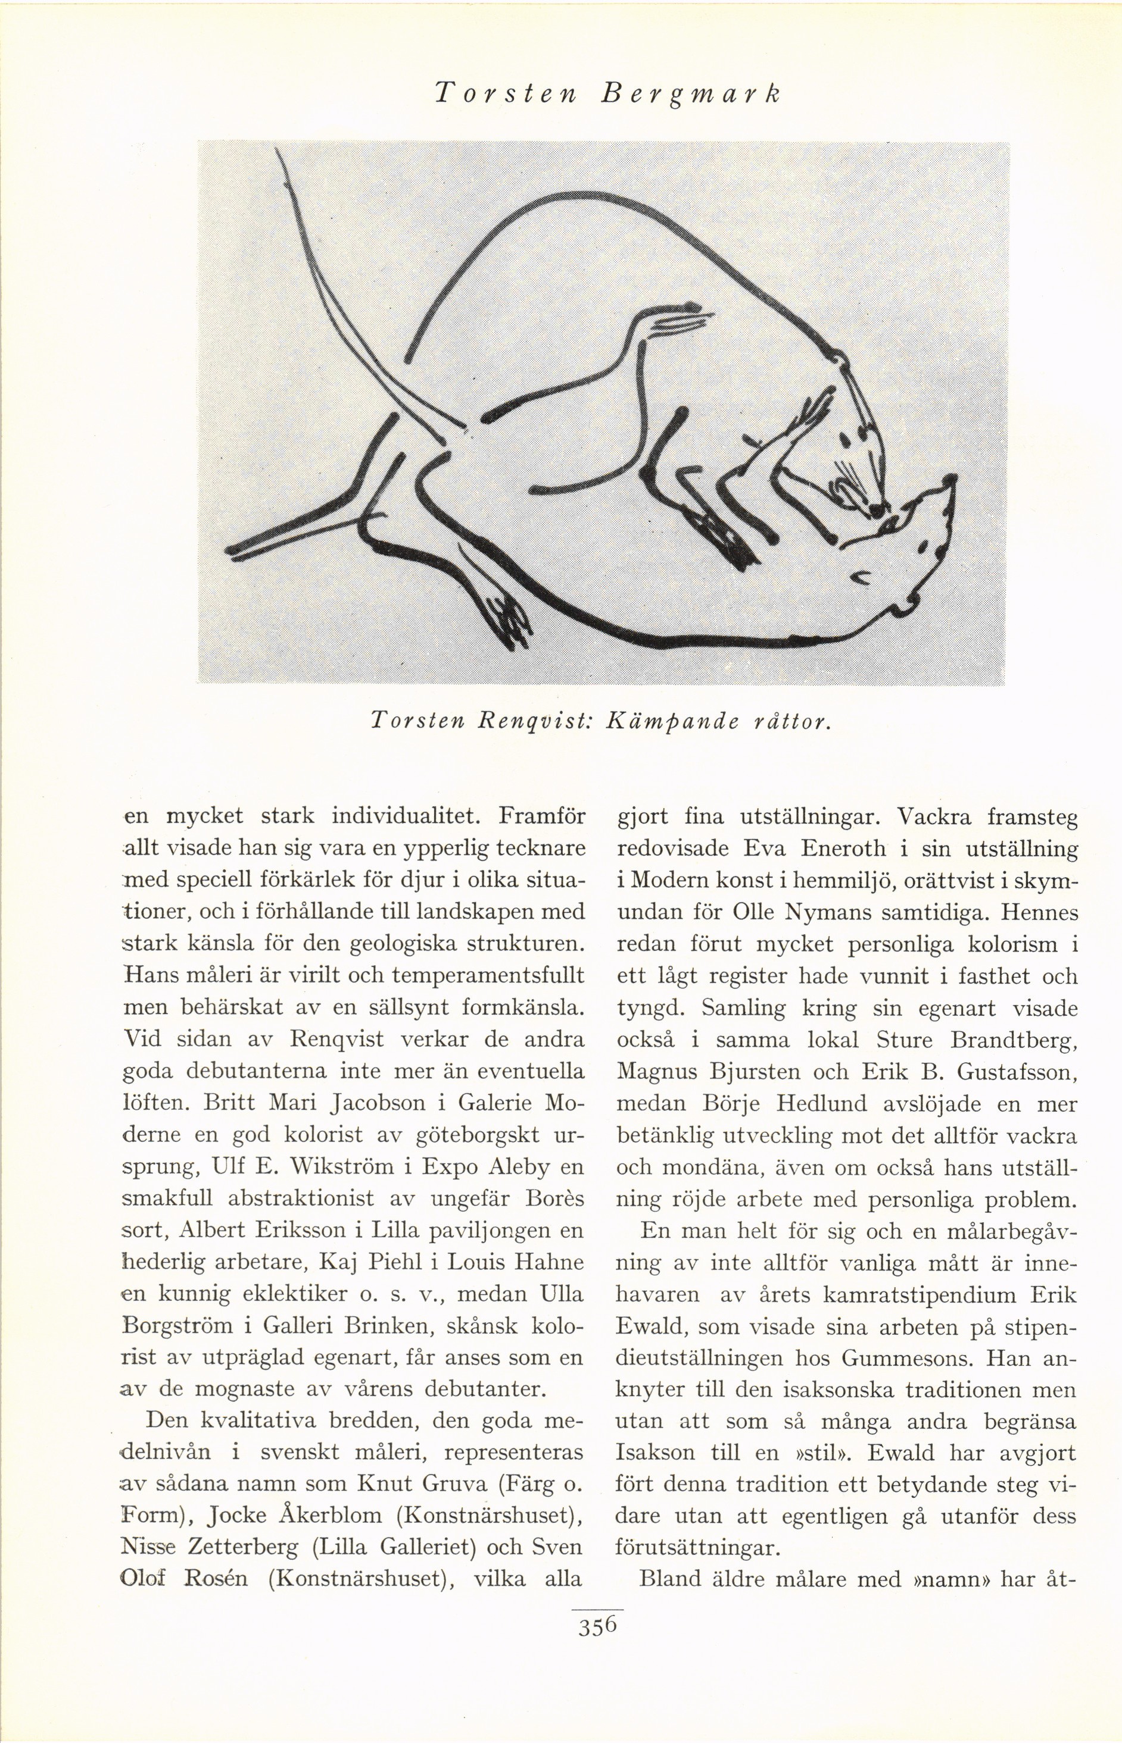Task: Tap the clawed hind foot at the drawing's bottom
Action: coord(508,619)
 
